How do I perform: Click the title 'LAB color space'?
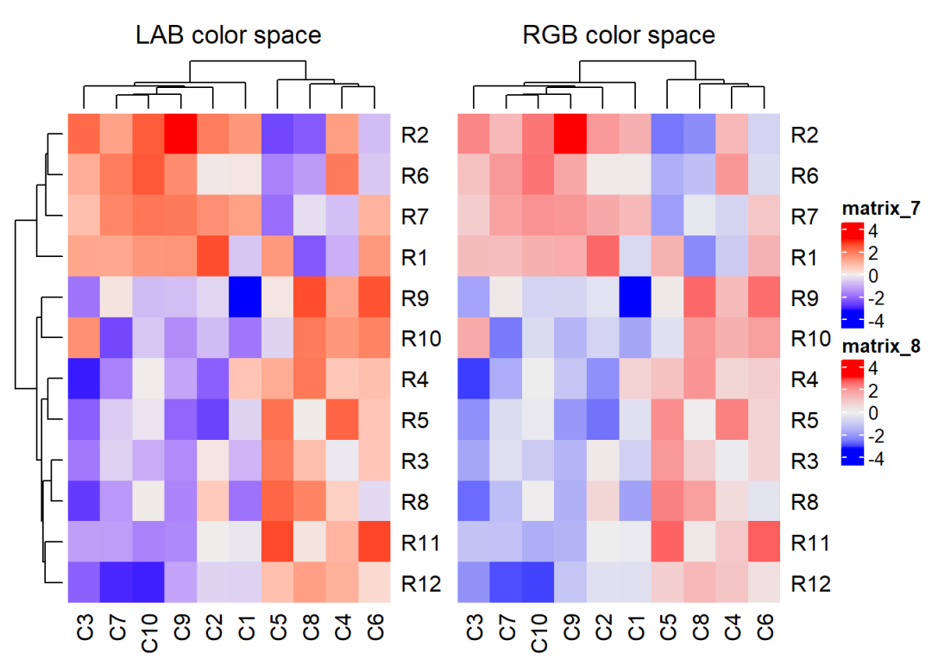pos(229,35)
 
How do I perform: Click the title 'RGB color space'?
pos(619,35)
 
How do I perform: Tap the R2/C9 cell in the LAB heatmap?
pos(180,134)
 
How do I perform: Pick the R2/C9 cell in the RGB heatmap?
pos(570,134)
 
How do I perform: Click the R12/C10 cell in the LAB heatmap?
pos(148,582)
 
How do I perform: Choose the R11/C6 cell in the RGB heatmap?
pos(765,542)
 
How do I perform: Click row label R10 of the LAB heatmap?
pos(422,338)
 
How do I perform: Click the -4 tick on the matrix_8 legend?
pos(875,460)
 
